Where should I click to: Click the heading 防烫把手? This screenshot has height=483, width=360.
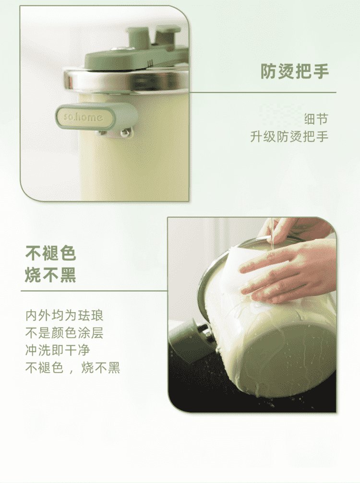pos(295,71)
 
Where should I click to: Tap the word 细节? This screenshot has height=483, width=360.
pos(316,119)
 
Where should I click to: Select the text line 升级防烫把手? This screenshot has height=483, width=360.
pos(289,137)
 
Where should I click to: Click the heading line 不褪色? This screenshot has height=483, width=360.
pos(50,253)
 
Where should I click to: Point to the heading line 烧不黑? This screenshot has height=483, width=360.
pos(50,275)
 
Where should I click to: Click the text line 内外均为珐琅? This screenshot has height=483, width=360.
pos(64,316)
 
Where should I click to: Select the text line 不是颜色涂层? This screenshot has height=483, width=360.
pos(64,333)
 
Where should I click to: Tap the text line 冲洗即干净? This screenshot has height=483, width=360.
pos(58,350)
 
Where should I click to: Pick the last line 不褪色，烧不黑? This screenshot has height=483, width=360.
pos(72,367)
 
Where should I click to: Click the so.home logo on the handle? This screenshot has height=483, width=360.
pos(84,118)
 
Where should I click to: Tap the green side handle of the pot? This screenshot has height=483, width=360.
pos(96,117)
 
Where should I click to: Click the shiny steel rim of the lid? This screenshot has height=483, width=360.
pos(126,81)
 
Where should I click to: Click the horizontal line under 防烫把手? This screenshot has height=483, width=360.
pos(262,92)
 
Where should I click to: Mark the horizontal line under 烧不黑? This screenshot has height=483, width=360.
pos(94,291)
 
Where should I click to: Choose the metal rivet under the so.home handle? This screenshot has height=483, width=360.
pos(125,133)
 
